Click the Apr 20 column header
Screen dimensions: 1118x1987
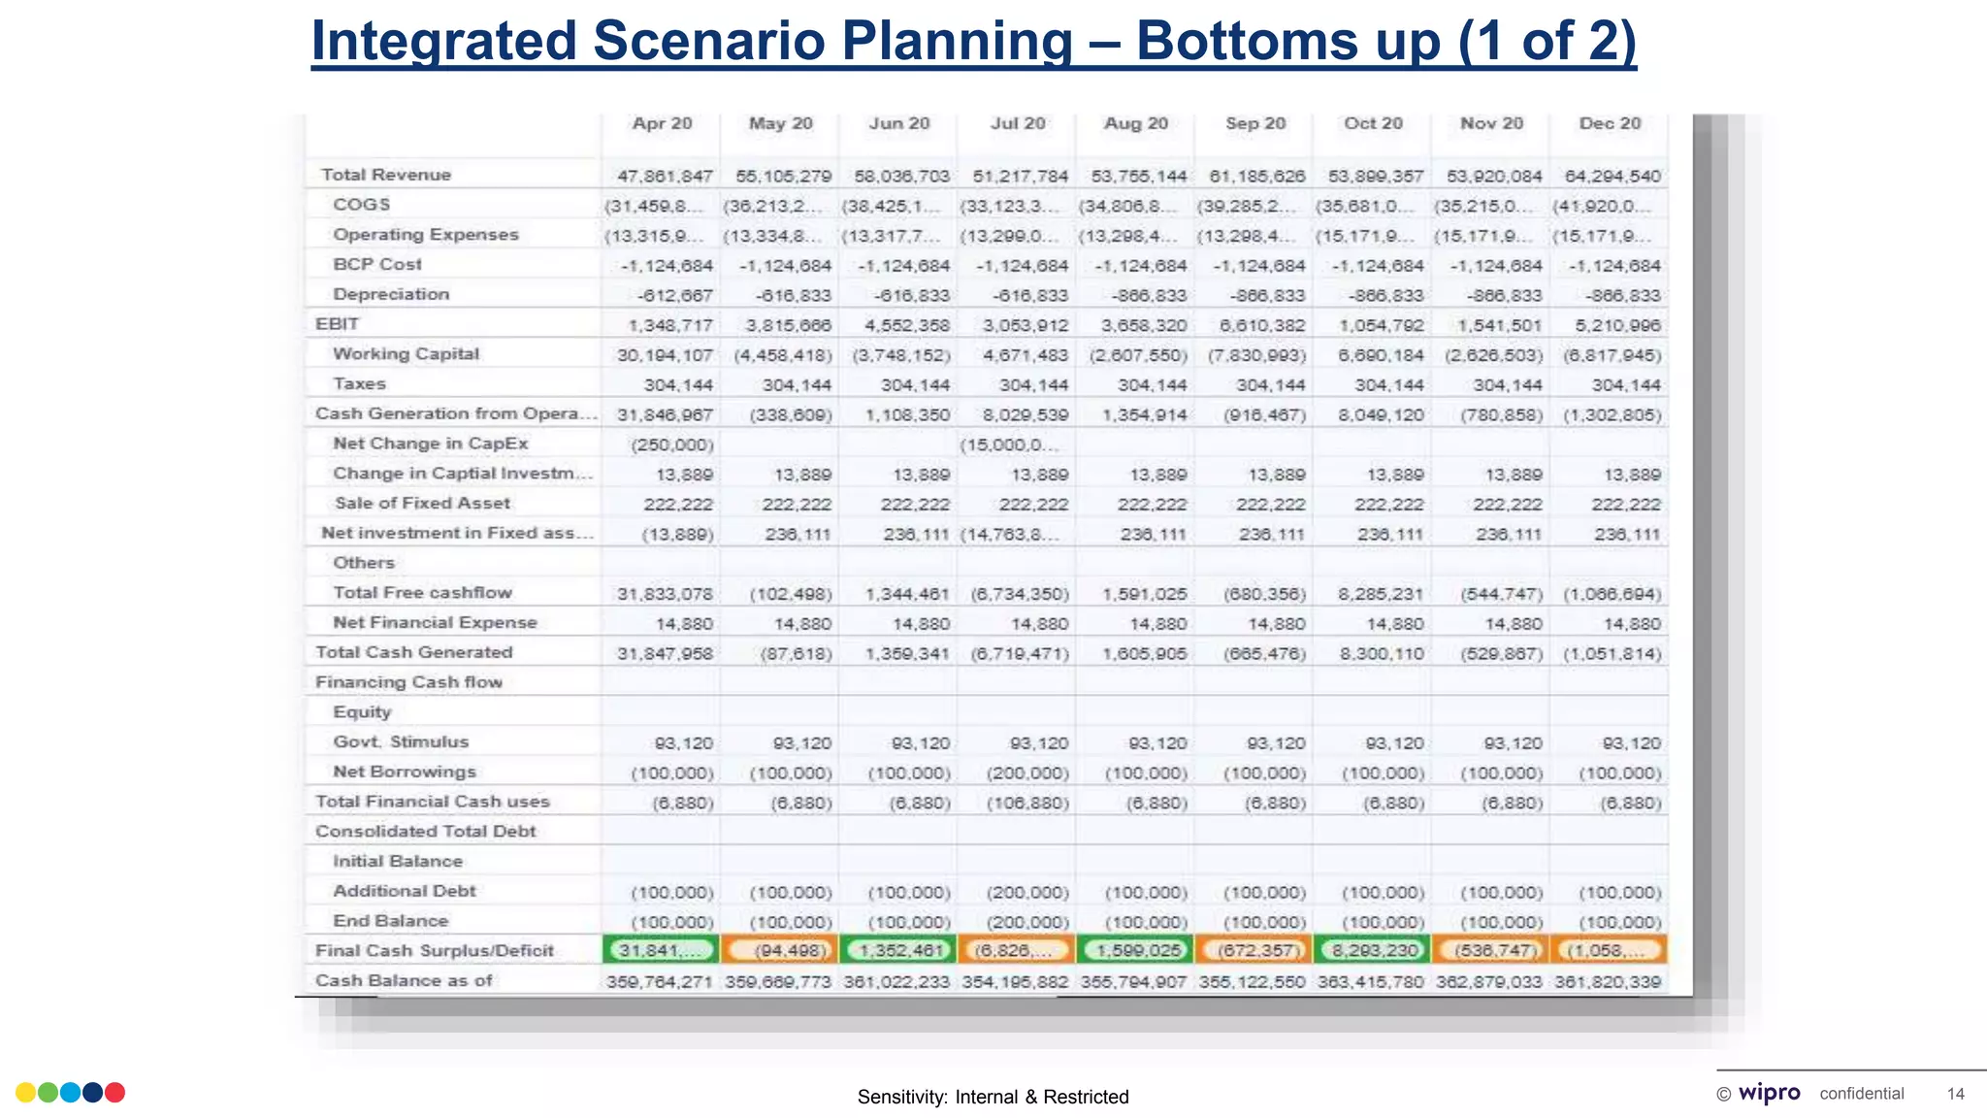coord(662,124)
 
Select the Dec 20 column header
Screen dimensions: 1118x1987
coord(1610,124)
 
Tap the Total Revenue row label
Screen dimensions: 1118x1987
coord(385,175)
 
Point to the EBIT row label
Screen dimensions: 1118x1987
coord(337,324)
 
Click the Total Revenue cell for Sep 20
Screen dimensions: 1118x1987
coord(1256,177)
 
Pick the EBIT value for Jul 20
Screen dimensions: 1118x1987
coord(1020,326)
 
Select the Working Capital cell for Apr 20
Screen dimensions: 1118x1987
coord(665,355)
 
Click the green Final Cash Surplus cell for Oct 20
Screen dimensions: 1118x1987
coord(1372,950)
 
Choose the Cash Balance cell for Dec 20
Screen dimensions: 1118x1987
coord(1608,982)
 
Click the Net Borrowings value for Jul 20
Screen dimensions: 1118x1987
coord(1027,773)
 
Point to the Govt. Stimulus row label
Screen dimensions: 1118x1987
coord(400,742)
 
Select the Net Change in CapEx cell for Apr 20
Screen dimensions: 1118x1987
coord(671,445)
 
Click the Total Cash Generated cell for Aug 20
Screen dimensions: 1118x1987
coord(1144,654)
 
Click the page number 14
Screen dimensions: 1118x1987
coord(1955,1095)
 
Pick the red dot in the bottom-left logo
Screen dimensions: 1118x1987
coord(114,1093)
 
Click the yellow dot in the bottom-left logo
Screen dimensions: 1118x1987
coord(26,1093)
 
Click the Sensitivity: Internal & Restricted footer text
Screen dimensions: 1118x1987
coord(993,1098)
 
